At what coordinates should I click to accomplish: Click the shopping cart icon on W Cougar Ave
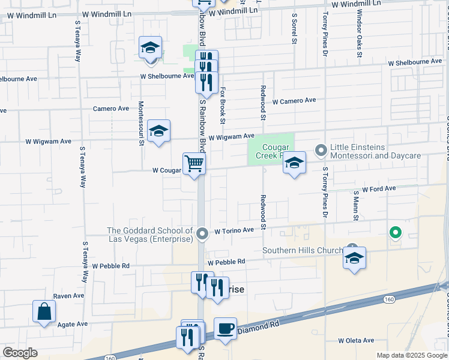click(194, 163)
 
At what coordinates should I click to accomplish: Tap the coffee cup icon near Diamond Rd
click(225, 328)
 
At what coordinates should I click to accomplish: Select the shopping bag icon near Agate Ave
click(44, 311)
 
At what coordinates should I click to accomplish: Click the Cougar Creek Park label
click(277, 151)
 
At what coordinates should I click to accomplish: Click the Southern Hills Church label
click(303, 250)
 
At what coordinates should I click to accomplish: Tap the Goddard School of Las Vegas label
click(150, 235)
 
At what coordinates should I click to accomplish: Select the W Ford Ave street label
click(379, 188)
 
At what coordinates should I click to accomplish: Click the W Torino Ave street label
click(235, 230)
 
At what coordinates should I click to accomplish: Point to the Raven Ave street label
click(69, 296)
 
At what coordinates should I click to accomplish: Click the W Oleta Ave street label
click(356, 340)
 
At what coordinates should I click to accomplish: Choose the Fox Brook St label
click(222, 106)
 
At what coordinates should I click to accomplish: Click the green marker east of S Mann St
click(395, 232)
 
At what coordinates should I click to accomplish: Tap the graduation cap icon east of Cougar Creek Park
click(294, 163)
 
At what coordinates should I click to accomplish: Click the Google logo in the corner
click(20, 353)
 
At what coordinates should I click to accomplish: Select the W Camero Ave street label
click(294, 101)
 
